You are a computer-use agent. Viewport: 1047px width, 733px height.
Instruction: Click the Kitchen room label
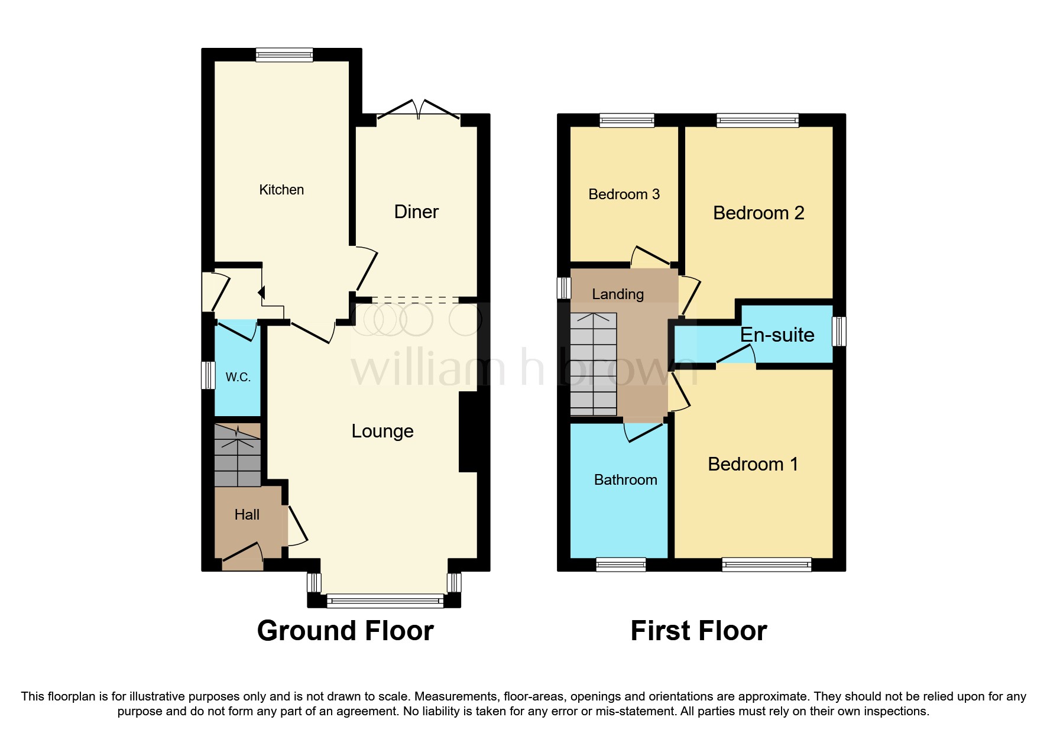click(281, 190)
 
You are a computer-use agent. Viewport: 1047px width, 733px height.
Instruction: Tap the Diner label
click(416, 212)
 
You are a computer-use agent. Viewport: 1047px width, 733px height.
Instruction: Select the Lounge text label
click(383, 431)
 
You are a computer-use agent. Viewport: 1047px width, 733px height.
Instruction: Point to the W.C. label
click(238, 377)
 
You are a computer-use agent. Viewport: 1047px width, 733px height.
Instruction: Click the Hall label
click(247, 515)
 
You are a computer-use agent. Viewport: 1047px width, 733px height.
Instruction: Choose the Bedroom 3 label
click(624, 194)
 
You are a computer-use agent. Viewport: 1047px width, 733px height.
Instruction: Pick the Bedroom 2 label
click(758, 213)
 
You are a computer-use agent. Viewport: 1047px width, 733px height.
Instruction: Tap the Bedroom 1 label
click(753, 464)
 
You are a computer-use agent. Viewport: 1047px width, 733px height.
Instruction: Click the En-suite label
click(777, 335)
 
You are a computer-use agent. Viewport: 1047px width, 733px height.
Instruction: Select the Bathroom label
click(625, 480)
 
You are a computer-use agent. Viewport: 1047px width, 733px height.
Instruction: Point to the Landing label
click(618, 294)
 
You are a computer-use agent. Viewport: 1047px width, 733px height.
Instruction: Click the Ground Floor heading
click(345, 631)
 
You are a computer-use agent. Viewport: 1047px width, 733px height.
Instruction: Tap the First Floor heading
click(698, 631)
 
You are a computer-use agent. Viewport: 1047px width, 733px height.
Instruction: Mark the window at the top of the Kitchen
click(284, 55)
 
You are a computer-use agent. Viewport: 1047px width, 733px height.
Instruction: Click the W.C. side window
click(208, 375)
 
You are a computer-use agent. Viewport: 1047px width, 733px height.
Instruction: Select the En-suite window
click(839, 332)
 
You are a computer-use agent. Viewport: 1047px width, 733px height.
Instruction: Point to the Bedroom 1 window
click(766, 565)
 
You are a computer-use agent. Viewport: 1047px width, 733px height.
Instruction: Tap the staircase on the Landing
click(594, 364)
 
